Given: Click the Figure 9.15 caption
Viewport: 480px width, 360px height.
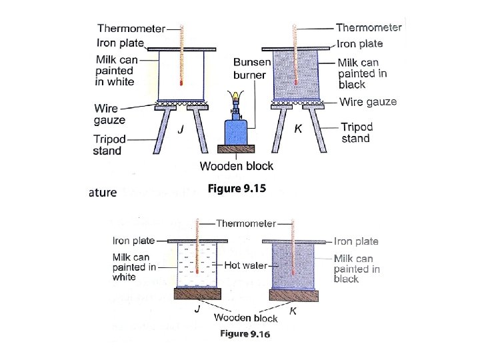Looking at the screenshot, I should coord(236,189).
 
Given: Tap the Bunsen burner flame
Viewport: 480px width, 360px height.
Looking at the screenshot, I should coord(234,95).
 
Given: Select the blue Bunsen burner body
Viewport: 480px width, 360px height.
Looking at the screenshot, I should coord(235,133).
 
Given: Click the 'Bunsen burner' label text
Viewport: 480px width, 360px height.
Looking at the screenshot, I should coord(251,69).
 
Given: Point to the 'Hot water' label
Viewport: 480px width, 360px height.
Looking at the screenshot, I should coord(245,265).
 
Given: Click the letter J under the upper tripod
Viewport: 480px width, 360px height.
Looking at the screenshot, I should coord(180,131).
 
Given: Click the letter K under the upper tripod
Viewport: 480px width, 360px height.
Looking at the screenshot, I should coord(299,129).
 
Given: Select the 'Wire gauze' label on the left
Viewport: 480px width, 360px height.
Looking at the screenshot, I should coord(110,113).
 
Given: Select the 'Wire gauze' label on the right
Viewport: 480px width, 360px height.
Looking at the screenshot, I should coord(367,102).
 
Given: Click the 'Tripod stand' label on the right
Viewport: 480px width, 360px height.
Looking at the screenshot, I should coord(357,133).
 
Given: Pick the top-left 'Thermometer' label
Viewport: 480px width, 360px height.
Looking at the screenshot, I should coord(131,28).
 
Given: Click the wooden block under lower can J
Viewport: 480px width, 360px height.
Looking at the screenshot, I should coord(197,294).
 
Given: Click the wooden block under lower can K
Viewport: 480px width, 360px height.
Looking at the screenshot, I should coord(294,294).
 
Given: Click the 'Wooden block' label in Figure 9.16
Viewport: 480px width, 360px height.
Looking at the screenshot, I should coord(246,318).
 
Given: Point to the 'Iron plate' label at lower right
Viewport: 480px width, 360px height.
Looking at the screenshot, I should coord(356,241).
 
